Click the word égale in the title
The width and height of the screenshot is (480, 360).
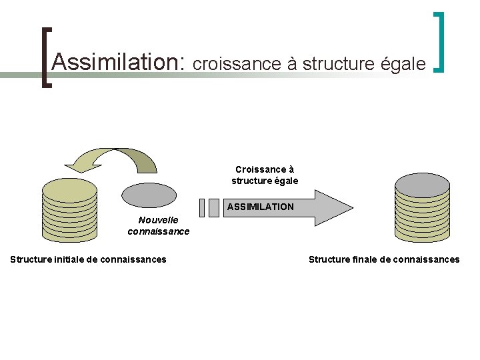403,63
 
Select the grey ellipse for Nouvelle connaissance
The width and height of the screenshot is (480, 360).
149,195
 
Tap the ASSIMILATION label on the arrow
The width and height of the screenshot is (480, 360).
260,207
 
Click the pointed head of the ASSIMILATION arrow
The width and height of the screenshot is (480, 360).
333,207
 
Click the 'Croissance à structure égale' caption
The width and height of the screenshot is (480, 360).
265,175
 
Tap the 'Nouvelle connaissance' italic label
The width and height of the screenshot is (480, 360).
159,225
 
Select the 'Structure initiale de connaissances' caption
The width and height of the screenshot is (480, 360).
89,259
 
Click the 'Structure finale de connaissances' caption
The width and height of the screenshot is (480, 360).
384,259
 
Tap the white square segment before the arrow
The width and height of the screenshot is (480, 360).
213,208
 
